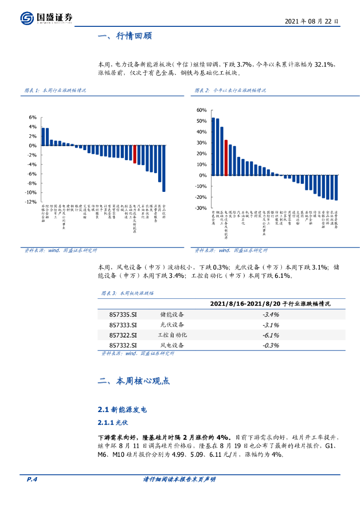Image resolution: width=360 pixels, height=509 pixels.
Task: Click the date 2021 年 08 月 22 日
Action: tap(312, 22)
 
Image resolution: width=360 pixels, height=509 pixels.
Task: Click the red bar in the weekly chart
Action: tap(134, 154)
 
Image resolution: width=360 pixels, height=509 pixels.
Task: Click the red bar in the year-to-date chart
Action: tap(226, 158)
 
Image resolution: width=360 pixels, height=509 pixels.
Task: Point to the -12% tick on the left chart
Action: tap(31, 202)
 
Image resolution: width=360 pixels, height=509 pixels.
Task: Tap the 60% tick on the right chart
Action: tap(201, 110)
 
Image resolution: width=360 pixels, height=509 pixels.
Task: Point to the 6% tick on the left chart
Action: tap(33, 117)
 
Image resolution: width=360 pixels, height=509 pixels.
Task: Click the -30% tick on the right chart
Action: tap(201, 208)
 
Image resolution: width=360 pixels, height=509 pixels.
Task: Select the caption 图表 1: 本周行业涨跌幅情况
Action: tap(55, 90)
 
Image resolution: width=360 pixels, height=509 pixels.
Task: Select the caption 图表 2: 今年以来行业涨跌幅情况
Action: tap(230, 90)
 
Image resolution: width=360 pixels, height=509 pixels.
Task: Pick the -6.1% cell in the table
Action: tap(270, 335)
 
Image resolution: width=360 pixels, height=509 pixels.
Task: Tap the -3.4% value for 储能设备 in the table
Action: tap(270, 314)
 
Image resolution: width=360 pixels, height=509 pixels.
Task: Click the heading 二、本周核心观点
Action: tap(134, 381)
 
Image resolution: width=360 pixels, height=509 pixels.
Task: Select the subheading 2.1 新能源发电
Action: tap(122, 410)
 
